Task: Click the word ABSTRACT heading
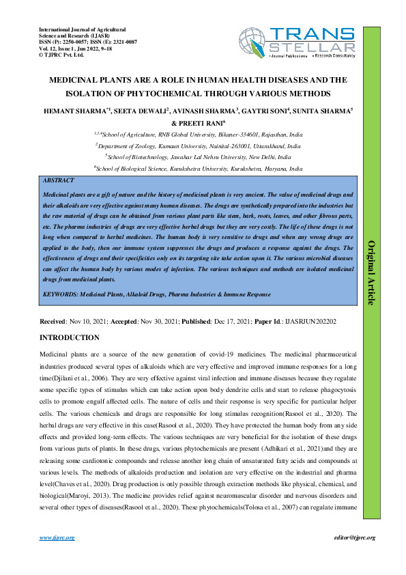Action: [59, 180]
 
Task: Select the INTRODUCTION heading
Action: [70, 338]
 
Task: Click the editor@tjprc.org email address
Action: [353, 537]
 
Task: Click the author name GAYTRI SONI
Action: [264, 110]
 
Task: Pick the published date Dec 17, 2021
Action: [229, 321]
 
